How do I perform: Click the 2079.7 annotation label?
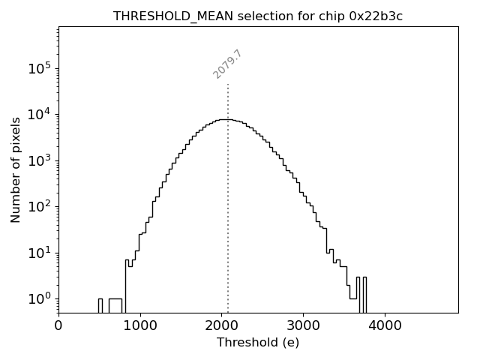click(227, 64)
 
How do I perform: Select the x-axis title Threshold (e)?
click(258, 343)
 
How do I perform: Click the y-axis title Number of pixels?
click(16, 169)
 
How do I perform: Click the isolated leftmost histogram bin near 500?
click(100, 305)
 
